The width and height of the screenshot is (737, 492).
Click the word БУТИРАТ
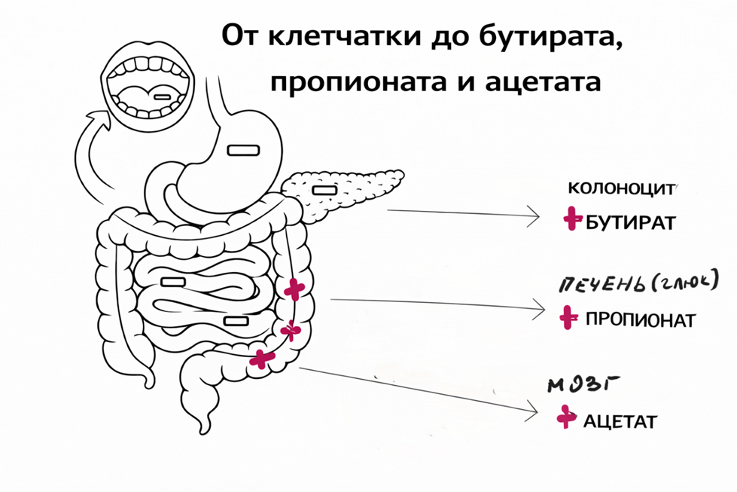click(x=630, y=222)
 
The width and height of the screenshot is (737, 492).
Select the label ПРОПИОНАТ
click(x=640, y=320)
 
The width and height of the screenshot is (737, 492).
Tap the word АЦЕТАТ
click(x=620, y=421)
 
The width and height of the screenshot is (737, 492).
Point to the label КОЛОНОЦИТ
click(x=621, y=188)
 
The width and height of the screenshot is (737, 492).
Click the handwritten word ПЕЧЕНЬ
click(x=598, y=285)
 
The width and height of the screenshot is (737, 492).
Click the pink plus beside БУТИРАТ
click(x=572, y=218)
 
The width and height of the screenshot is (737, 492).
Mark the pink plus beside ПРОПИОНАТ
click(x=568, y=317)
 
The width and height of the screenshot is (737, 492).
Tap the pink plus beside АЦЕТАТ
click(x=566, y=417)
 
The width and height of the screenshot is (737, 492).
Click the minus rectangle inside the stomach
click(x=243, y=151)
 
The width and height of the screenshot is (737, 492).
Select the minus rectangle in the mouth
click(x=162, y=97)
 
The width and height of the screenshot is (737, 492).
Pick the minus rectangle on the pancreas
click(x=324, y=191)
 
